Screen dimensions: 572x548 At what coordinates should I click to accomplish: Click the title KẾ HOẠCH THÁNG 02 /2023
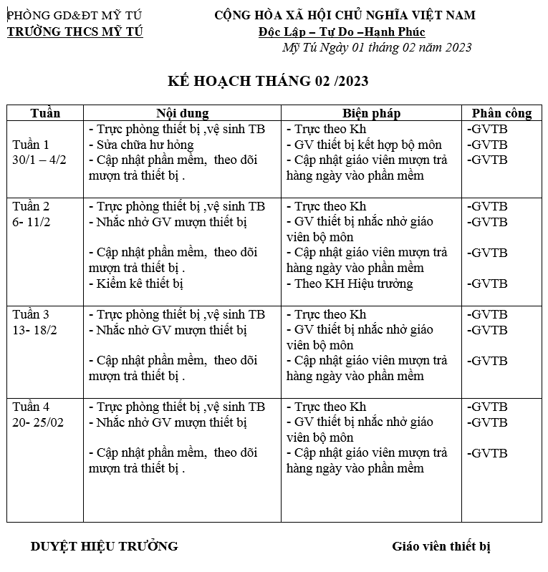click(267, 81)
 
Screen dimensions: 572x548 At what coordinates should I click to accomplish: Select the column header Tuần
click(45, 113)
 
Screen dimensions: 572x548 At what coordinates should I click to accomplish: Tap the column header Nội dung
click(182, 113)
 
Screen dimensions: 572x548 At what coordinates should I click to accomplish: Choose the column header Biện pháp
click(371, 113)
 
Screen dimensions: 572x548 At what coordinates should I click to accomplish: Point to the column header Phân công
click(501, 113)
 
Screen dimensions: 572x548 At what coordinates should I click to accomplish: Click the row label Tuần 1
click(32, 145)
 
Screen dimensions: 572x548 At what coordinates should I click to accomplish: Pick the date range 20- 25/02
click(38, 422)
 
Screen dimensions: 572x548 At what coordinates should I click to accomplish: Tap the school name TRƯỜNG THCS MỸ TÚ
click(75, 31)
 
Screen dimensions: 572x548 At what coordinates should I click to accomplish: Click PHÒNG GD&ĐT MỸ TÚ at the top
click(74, 15)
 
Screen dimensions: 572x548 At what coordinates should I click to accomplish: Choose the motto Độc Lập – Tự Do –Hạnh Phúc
click(342, 31)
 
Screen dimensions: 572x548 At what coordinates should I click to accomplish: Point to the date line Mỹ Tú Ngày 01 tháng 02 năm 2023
click(378, 48)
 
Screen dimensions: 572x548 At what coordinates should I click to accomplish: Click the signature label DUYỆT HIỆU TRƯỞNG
click(104, 546)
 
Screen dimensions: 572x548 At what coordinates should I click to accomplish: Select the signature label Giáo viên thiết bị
click(441, 546)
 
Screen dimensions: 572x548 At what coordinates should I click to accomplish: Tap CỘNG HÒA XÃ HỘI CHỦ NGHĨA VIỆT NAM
click(345, 15)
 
